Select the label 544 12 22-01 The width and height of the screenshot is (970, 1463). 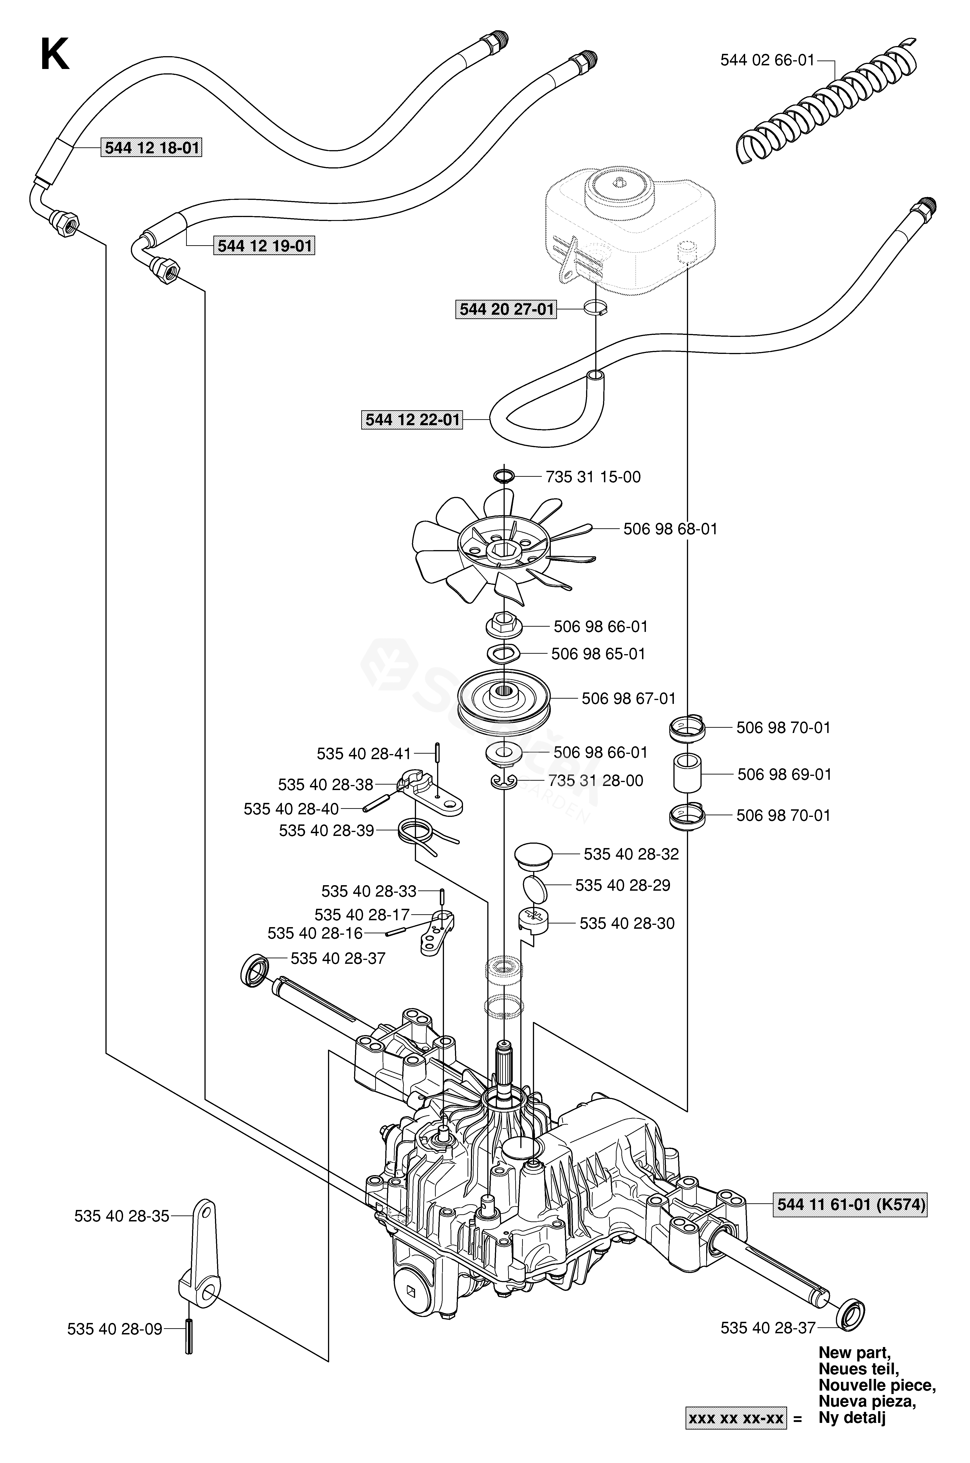click(413, 420)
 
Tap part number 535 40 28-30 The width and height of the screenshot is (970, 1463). click(627, 924)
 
